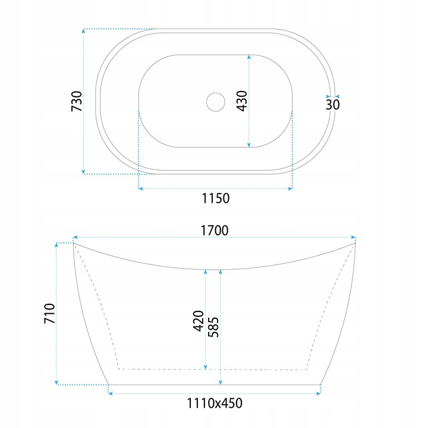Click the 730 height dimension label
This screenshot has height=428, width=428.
point(77,101)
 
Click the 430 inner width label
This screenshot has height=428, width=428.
point(242,101)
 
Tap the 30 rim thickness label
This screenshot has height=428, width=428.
point(332,105)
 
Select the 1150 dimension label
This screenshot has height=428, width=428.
point(216,199)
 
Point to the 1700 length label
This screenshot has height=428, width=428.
point(215,231)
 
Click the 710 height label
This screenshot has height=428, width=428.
point(49,313)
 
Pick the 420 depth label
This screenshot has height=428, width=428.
point(199,321)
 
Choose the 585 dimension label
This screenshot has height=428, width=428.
point(213,328)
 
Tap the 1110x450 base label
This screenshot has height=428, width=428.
point(215,403)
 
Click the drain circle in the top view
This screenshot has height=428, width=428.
point(216,93)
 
